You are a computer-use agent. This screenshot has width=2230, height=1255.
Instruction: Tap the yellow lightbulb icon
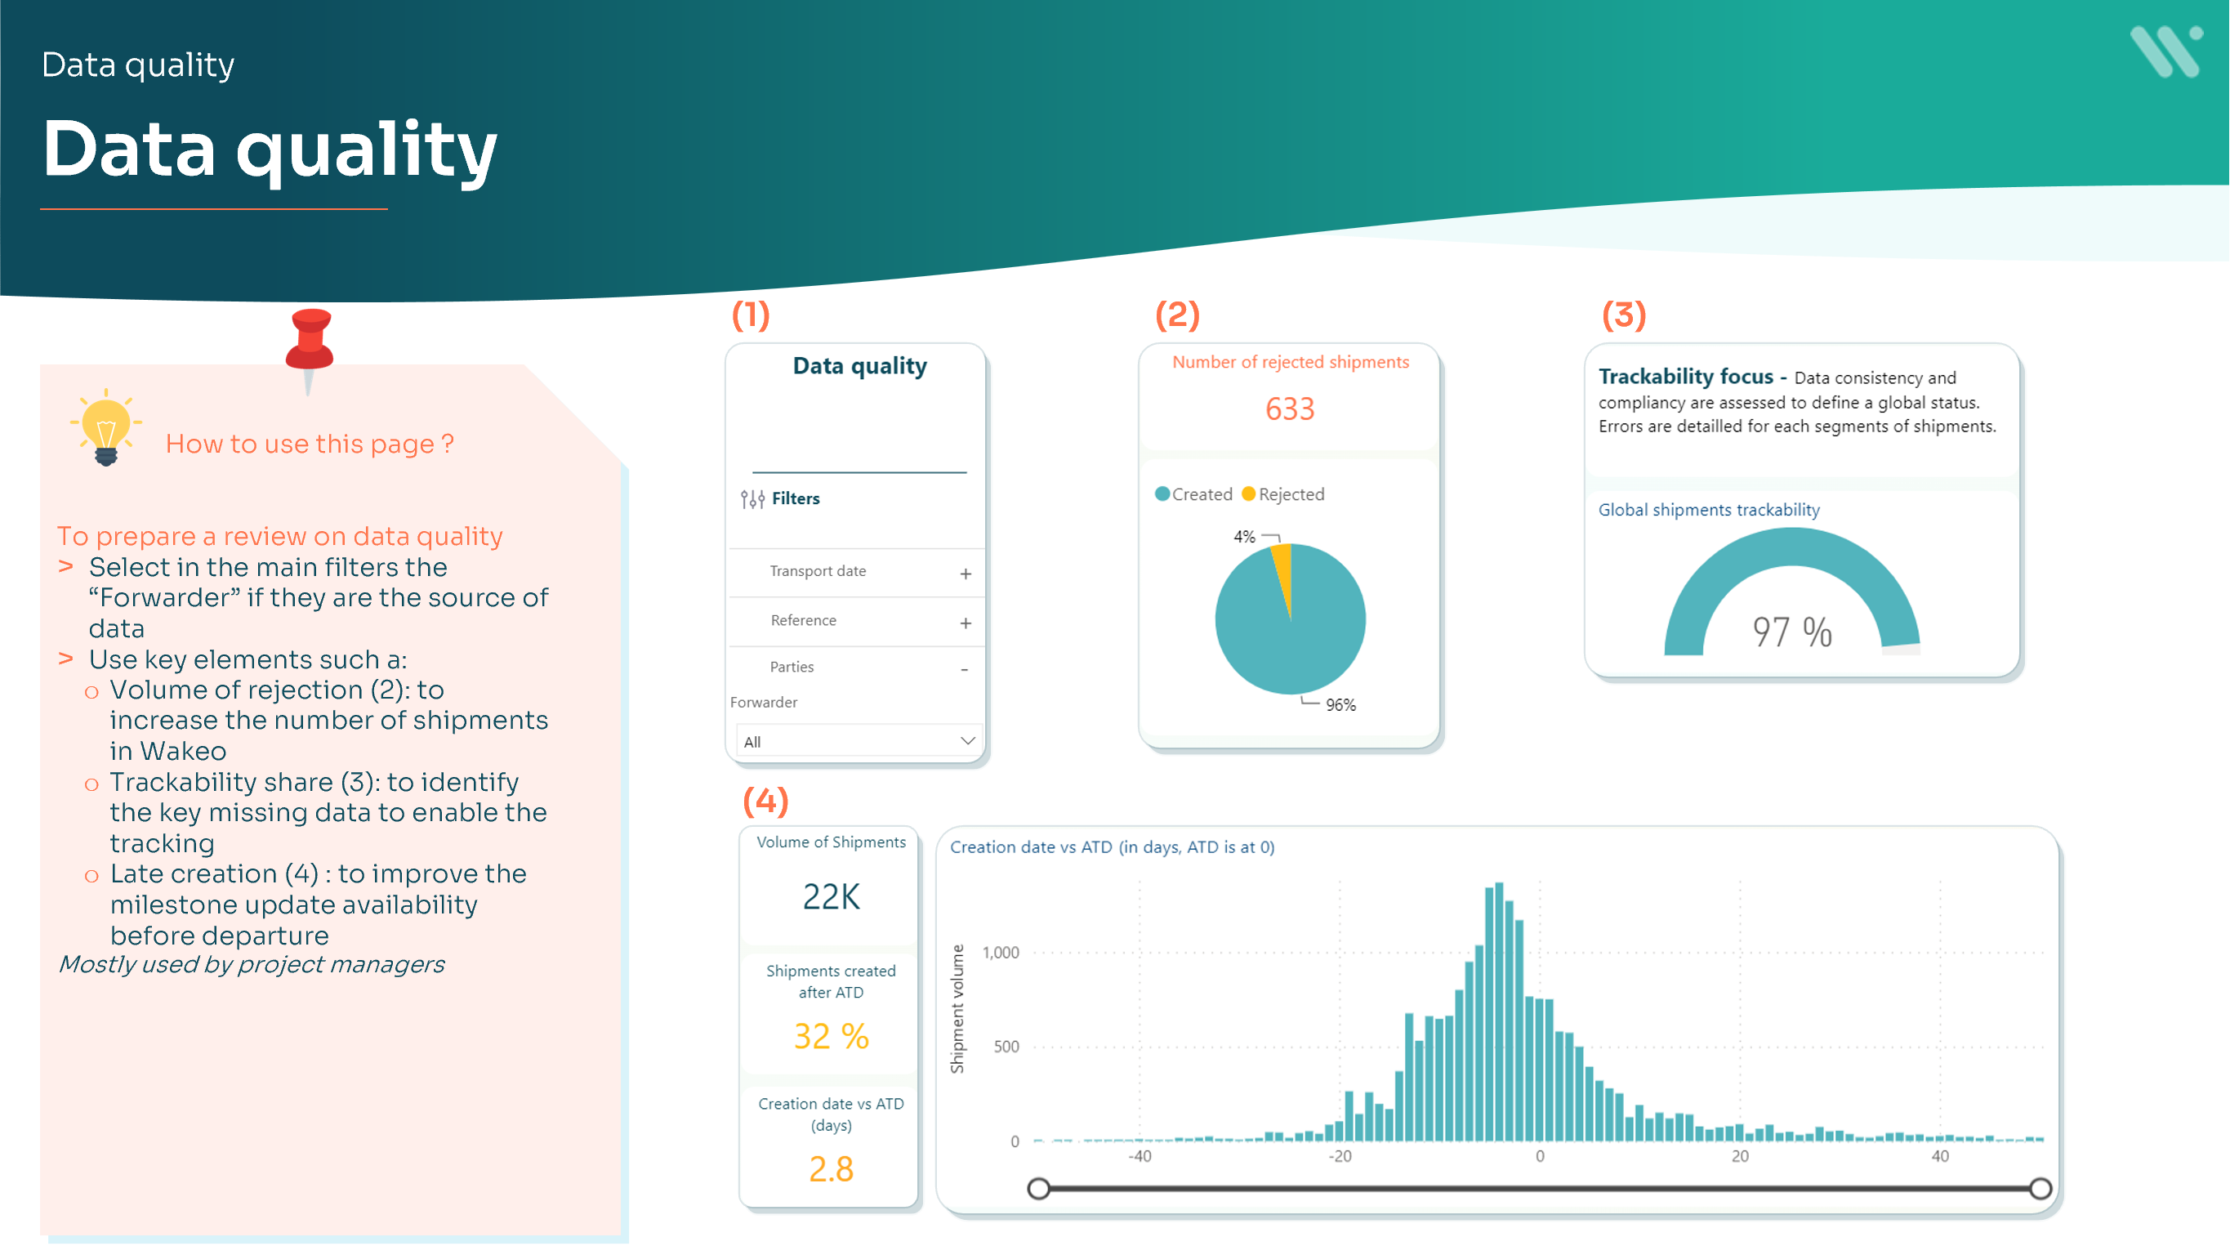click(x=105, y=427)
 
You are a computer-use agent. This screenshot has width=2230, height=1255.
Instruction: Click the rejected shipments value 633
click(x=1289, y=409)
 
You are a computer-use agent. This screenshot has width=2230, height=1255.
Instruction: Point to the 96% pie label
click(x=1340, y=705)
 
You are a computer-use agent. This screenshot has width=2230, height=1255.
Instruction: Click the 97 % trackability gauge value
click(x=1792, y=632)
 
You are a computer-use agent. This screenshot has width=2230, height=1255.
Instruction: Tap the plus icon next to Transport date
click(x=966, y=574)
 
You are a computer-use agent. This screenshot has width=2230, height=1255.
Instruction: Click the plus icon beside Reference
click(x=966, y=623)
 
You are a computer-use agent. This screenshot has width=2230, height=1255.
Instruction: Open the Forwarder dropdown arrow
click(x=967, y=740)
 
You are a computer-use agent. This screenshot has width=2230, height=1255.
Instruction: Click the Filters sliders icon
click(x=752, y=499)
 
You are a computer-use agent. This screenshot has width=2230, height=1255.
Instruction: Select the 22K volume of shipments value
click(x=831, y=896)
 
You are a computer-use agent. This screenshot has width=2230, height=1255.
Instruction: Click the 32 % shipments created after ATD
click(x=831, y=1036)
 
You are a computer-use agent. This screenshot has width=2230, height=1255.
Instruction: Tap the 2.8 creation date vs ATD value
click(x=831, y=1168)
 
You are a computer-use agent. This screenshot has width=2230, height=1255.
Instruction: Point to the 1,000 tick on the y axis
click(x=1001, y=953)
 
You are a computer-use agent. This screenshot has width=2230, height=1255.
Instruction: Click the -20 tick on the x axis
click(x=1339, y=1156)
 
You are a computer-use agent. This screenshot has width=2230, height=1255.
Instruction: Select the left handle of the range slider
click(x=1039, y=1188)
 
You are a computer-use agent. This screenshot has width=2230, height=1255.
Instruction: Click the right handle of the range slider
click(x=2040, y=1188)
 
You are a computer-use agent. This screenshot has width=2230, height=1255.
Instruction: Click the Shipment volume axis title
click(x=957, y=1009)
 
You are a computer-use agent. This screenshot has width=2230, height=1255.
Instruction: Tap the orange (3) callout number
click(x=1623, y=315)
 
